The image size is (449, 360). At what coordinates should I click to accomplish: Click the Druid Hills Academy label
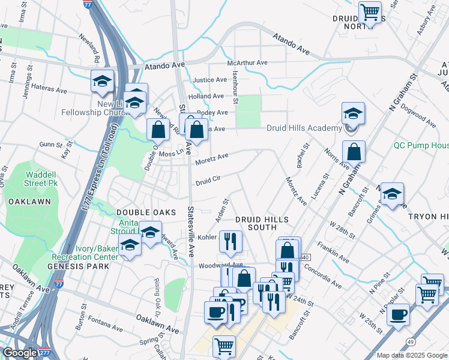(304, 128)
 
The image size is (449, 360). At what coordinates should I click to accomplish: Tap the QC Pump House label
(421, 145)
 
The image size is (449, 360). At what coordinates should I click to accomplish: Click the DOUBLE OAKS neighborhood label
(146, 212)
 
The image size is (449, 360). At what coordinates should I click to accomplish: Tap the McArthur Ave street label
(247, 63)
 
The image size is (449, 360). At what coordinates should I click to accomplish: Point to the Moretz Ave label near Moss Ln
(212, 157)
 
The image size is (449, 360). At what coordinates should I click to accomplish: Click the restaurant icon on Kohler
(231, 241)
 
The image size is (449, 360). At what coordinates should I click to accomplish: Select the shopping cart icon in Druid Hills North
(370, 11)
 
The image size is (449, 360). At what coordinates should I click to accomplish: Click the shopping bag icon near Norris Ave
(354, 151)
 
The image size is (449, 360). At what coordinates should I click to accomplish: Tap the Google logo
(20, 353)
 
